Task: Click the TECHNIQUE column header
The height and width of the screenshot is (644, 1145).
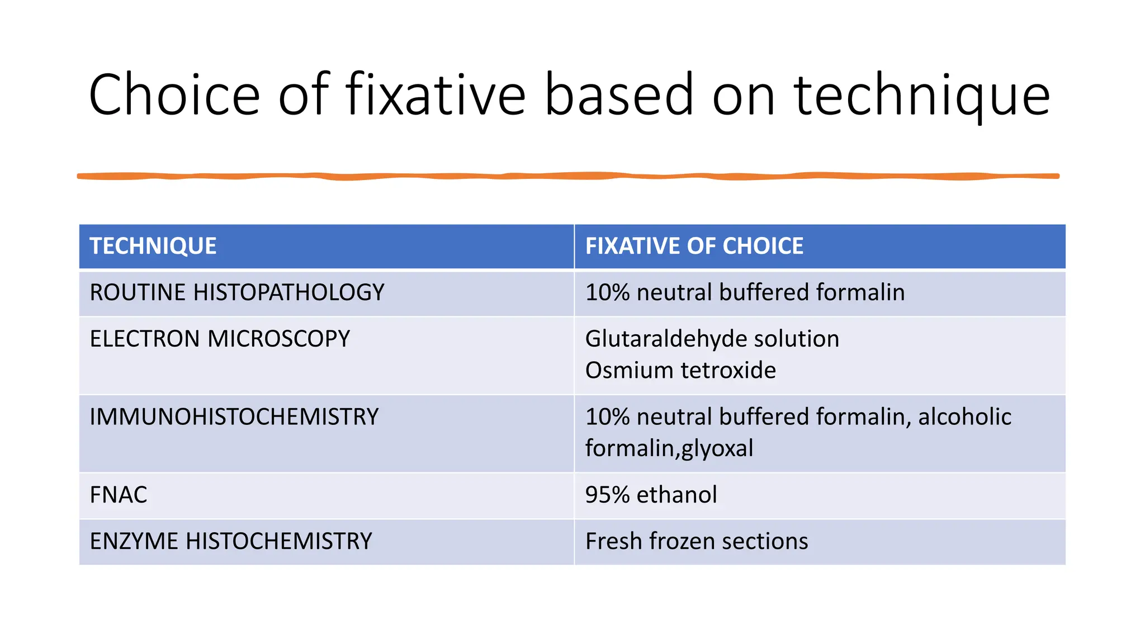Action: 153,247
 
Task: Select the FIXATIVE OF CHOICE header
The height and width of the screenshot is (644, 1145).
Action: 694,247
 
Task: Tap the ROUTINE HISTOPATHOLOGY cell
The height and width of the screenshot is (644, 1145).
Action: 237,293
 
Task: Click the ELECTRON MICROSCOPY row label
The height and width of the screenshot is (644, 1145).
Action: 220,339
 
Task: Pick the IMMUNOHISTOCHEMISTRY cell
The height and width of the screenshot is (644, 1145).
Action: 234,417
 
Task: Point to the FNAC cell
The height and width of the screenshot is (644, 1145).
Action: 119,495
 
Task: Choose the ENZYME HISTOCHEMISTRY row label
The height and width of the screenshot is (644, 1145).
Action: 230,542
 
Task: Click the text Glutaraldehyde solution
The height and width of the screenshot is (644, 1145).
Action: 712,339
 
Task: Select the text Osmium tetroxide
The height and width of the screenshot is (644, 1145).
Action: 680,371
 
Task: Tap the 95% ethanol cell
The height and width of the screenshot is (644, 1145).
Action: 651,495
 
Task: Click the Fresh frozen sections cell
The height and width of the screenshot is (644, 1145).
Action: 696,542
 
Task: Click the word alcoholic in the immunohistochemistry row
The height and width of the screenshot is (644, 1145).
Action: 964,417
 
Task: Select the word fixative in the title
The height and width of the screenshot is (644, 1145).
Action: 436,95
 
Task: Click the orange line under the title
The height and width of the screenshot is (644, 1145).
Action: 568,176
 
